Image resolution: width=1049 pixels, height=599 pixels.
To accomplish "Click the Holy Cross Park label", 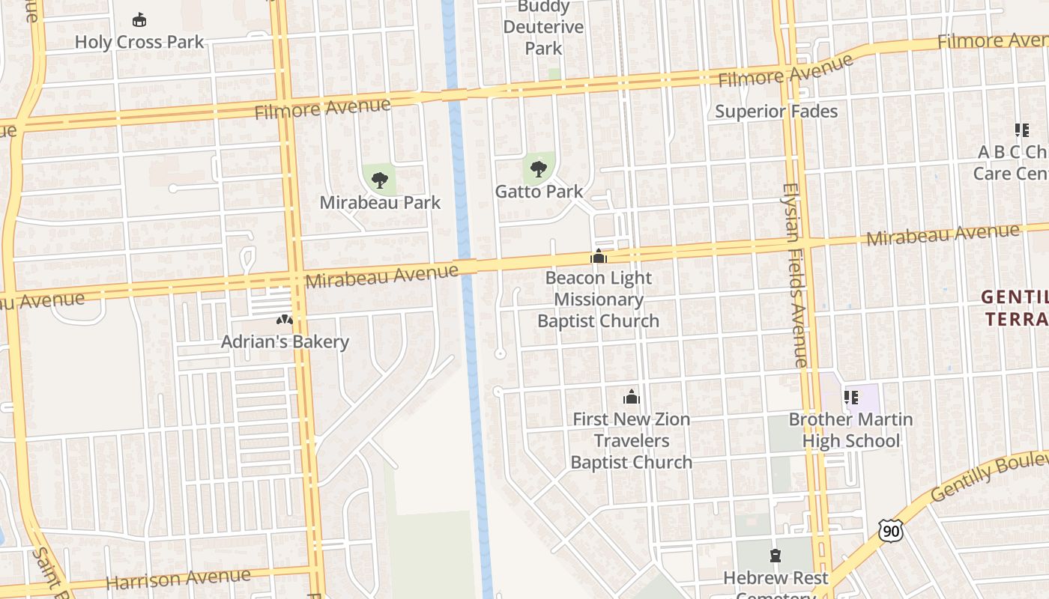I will click(139, 42).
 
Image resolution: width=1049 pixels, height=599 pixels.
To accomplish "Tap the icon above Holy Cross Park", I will click(139, 19).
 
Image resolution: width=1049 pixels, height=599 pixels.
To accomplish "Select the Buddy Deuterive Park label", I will click(543, 28).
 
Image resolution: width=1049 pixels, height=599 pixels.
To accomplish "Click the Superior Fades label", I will click(776, 112).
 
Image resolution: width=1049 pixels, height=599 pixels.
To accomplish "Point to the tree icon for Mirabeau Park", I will click(380, 180).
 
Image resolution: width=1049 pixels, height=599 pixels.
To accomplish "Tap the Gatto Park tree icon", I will click(538, 168).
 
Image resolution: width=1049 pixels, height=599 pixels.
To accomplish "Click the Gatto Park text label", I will click(539, 192).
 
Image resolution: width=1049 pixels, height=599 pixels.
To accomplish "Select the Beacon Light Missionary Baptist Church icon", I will click(598, 257).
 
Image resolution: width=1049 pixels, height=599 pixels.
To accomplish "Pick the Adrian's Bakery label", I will click(285, 342).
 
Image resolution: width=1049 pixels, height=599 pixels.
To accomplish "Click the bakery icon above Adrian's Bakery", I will click(284, 320).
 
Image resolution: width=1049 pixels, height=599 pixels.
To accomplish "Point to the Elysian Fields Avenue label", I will click(795, 275).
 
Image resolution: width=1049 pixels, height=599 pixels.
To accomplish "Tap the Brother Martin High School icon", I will click(850, 398).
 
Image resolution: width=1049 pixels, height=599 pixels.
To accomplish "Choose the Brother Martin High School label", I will click(850, 430).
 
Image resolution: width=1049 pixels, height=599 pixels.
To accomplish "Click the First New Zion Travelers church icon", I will click(632, 397).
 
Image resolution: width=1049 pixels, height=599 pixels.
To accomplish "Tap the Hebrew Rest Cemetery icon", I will click(776, 556).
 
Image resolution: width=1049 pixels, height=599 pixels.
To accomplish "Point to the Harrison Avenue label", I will click(178, 579).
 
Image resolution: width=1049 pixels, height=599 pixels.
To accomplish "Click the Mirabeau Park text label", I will click(380, 203).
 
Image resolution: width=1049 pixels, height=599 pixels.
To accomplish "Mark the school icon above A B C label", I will click(1021, 130).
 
